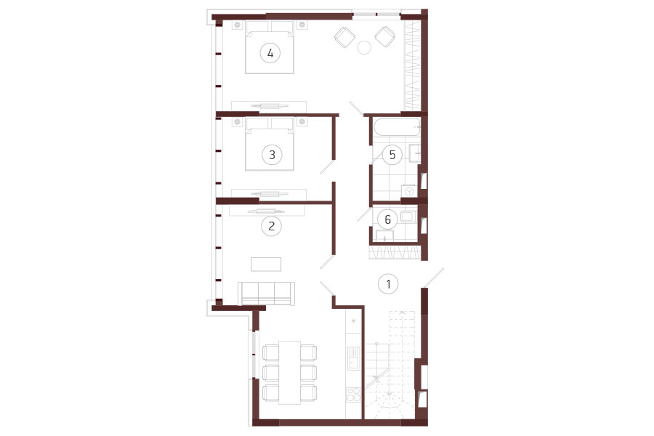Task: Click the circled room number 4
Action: coord(270,53)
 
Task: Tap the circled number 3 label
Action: coord(272,155)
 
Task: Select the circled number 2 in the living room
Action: coord(272,226)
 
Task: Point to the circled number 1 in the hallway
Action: coord(388,284)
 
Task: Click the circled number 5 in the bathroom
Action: coord(392,155)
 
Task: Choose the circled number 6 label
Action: coord(387,219)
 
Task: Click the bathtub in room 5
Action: coord(397,127)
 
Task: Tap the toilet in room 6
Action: coord(408,216)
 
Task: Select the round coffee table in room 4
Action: coord(364,47)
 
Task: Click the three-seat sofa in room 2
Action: coord(267,294)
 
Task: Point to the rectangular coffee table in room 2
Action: coord(266,264)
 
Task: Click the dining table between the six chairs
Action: coord(290,373)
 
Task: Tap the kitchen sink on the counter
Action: coord(354,358)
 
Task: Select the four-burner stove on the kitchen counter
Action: coord(353,395)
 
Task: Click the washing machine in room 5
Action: coord(409,191)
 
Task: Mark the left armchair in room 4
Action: coord(345,37)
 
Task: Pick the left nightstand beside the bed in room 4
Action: coord(238,25)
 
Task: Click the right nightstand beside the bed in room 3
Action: coord(302,122)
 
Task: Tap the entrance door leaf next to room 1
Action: coord(433,278)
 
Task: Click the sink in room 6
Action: coord(384,235)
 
